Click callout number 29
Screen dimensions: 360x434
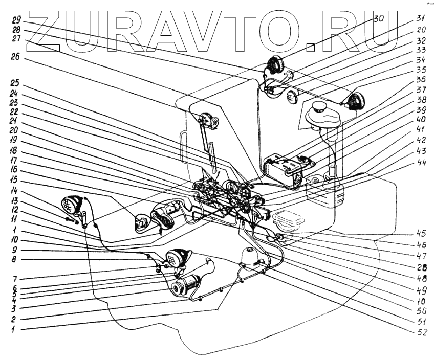[x=16, y=20]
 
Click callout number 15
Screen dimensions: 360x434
[x=15, y=180]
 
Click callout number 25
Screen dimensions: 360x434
[x=16, y=83]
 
